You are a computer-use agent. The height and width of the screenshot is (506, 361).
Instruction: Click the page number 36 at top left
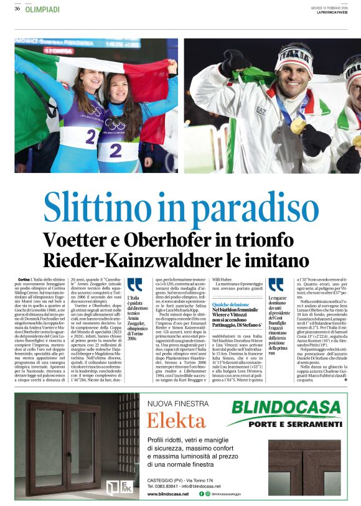coord(17,9)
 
